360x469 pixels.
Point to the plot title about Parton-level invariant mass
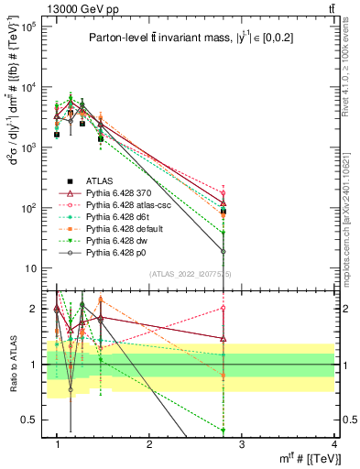coord(192,38)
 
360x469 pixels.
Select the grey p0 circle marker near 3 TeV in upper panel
coord(224,252)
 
